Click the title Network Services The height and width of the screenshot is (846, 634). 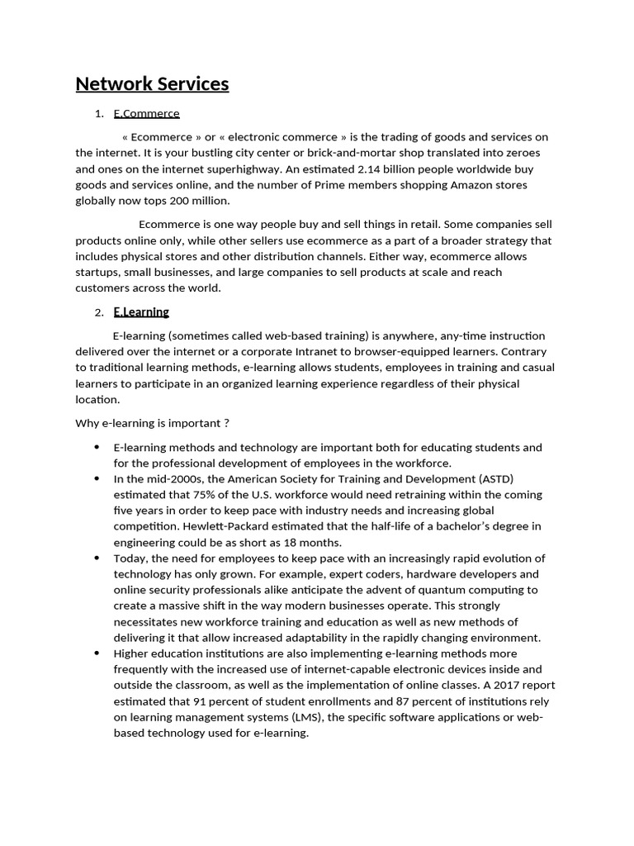(x=152, y=84)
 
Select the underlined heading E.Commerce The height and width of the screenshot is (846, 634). (x=146, y=113)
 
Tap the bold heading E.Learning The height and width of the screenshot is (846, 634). (x=141, y=312)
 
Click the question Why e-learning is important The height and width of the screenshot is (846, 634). (x=152, y=423)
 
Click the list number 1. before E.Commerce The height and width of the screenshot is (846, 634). (x=99, y=113)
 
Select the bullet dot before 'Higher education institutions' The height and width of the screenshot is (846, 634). (x=97, y=653)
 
